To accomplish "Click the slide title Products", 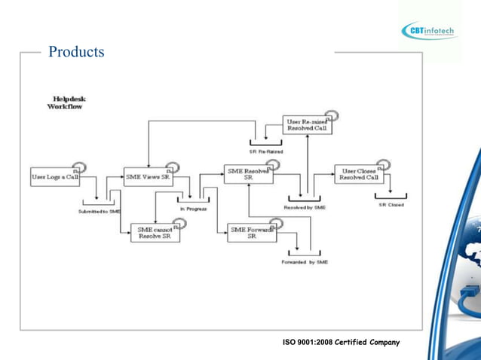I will point(76,53).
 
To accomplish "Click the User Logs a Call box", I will point(55,176).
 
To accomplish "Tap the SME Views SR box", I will point(148,176).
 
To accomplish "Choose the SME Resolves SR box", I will point(247,174).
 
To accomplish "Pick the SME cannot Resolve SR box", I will point(155,233).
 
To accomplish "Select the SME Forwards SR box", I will point(252,233).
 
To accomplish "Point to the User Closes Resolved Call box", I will point(358,174).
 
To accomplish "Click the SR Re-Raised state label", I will point(265,151).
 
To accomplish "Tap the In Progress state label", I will point(193,208).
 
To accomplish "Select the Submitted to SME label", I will point(100,212).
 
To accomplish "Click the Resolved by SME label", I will point(305,207).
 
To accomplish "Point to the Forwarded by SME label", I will point(305,262).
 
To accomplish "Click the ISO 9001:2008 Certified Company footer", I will point(341,343).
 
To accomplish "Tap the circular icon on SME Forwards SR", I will point(276,223).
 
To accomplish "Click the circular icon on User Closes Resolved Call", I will point(384,164).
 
